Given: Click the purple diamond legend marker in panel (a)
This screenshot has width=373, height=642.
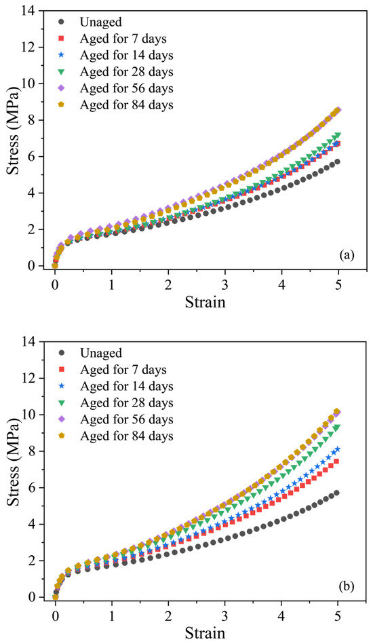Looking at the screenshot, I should [x=62, y=88].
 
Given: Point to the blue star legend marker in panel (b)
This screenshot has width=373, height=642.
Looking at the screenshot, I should [x=62, y=386].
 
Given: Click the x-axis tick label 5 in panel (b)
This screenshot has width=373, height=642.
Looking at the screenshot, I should [x=338, y=612].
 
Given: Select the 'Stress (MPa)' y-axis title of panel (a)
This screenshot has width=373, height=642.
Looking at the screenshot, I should [x=13, y=138].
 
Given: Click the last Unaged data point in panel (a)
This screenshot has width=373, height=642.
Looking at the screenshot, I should [x=337, y=162].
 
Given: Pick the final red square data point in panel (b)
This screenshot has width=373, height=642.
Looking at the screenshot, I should [x=336, y=461].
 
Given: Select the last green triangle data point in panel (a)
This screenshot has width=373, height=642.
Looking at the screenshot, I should [x=337, y=136].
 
